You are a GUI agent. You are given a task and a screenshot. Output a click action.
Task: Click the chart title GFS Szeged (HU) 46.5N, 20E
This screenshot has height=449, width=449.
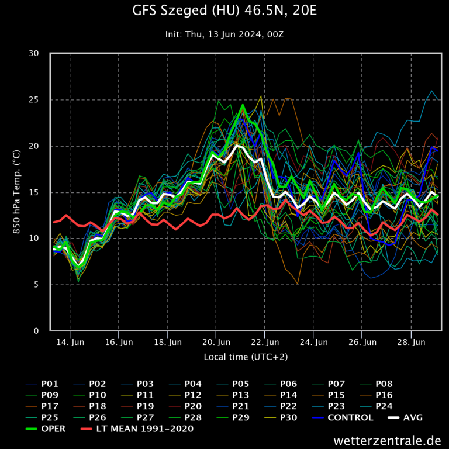click(224, 11)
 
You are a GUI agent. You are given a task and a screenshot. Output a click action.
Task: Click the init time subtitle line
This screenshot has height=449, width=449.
click(224, 34)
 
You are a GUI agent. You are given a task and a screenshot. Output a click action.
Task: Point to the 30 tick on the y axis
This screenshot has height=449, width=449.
click(34, 54)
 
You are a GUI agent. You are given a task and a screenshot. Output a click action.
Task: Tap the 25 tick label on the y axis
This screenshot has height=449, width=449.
click(34, 100)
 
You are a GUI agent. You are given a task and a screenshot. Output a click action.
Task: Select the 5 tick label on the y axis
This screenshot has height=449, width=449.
click(36, 285)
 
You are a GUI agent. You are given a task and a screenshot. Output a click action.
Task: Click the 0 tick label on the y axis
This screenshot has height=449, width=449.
click(36, 331)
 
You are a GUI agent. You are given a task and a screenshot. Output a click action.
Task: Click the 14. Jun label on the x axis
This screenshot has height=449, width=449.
click(70, 341)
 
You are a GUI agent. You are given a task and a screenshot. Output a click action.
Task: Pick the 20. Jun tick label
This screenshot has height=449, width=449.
click(216, 341)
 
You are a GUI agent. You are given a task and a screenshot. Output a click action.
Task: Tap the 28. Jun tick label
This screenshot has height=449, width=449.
click(410, 341)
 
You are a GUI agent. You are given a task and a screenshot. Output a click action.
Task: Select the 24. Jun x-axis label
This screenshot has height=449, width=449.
click(313, 341)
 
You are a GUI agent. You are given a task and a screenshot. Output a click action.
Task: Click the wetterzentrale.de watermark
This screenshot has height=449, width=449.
click(387, 440)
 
